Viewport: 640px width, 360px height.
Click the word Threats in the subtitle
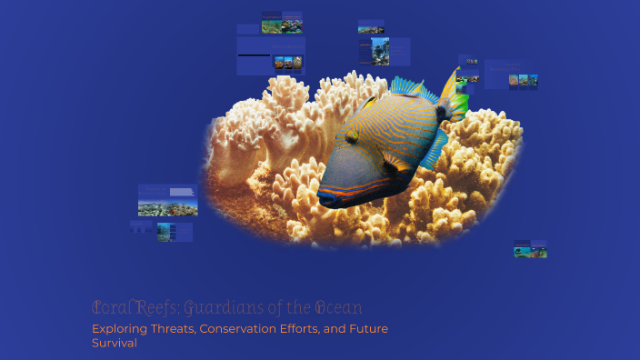pyautogui.click(x=171, y=328)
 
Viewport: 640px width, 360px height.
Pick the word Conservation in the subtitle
pyautogui.click(x=241, y=328)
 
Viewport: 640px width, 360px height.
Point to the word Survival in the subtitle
pyautogui.click(x=114, y=344)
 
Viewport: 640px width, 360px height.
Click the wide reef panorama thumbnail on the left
pyautogui.click(x=167, y=200)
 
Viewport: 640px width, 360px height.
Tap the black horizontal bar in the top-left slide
pyautogui.click(x=254, y=55)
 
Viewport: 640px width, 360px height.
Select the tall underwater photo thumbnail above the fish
pyautogui.click(x=379, y=51)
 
